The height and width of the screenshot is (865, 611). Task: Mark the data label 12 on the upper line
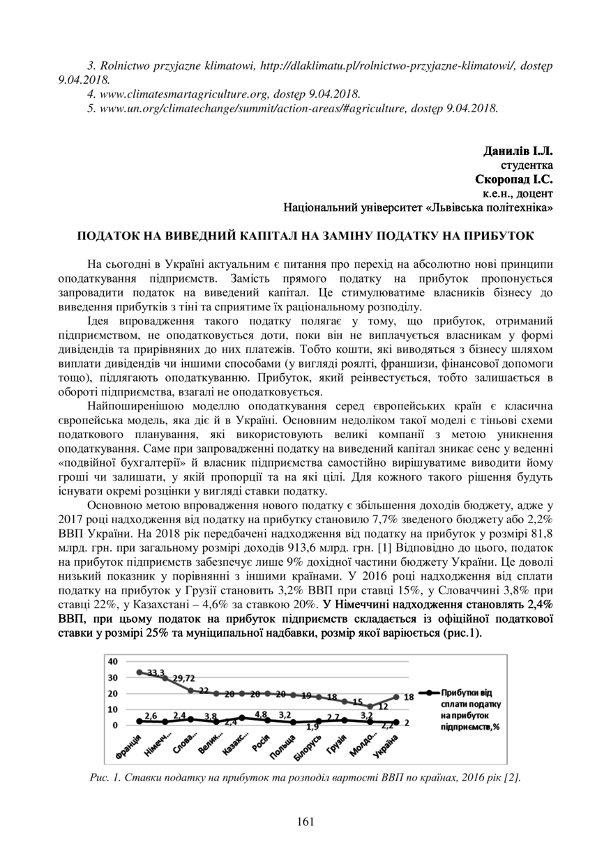[x=383, y=706]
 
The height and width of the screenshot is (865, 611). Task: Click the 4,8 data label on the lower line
[x=260, y=714]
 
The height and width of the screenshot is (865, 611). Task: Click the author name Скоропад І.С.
[x=513, y=179]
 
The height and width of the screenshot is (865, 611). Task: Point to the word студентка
[x=528, y=165]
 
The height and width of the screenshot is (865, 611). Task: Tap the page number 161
[x=305, y=821]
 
